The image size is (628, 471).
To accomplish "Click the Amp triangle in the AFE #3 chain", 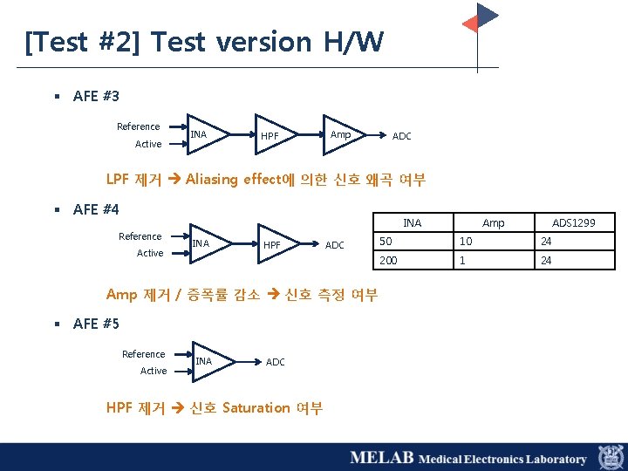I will (343, 134).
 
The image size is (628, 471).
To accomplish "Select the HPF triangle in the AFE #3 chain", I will (273, 136).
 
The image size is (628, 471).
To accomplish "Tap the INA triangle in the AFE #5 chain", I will (210, 361).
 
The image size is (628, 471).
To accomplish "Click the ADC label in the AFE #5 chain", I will (275, 362).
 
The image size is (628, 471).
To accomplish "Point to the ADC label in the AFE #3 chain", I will (401, 136).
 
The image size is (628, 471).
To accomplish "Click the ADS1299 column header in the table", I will (573, 223).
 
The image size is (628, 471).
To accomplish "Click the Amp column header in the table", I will (493, 223).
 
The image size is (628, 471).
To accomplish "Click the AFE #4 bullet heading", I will (96, 209).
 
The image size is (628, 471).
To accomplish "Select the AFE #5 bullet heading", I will (96, 324).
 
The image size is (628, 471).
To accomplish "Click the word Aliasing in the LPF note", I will (211, 180).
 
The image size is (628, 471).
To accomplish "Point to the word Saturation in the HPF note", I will (256, 407).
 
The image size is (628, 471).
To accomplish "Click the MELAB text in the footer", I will (381, 458).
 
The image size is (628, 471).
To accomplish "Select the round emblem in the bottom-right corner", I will (611, 457).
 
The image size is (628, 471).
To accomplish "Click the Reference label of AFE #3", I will (138, 126).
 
